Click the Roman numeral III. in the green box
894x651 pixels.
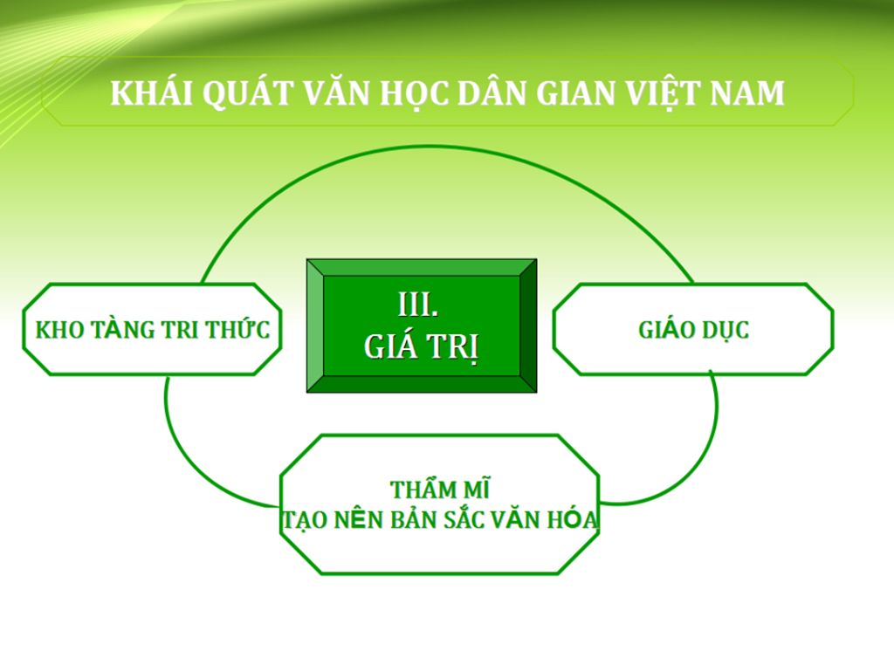tap(418, 305)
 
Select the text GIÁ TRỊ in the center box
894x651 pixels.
tap(422, 346)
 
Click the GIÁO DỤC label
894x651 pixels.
tap(693, 330)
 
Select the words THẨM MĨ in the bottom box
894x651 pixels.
tap(439, 490)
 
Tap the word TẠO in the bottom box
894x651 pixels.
tap(302, 520)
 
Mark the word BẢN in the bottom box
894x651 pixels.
tap(409, 520)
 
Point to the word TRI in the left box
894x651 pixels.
tap(180, 331)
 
